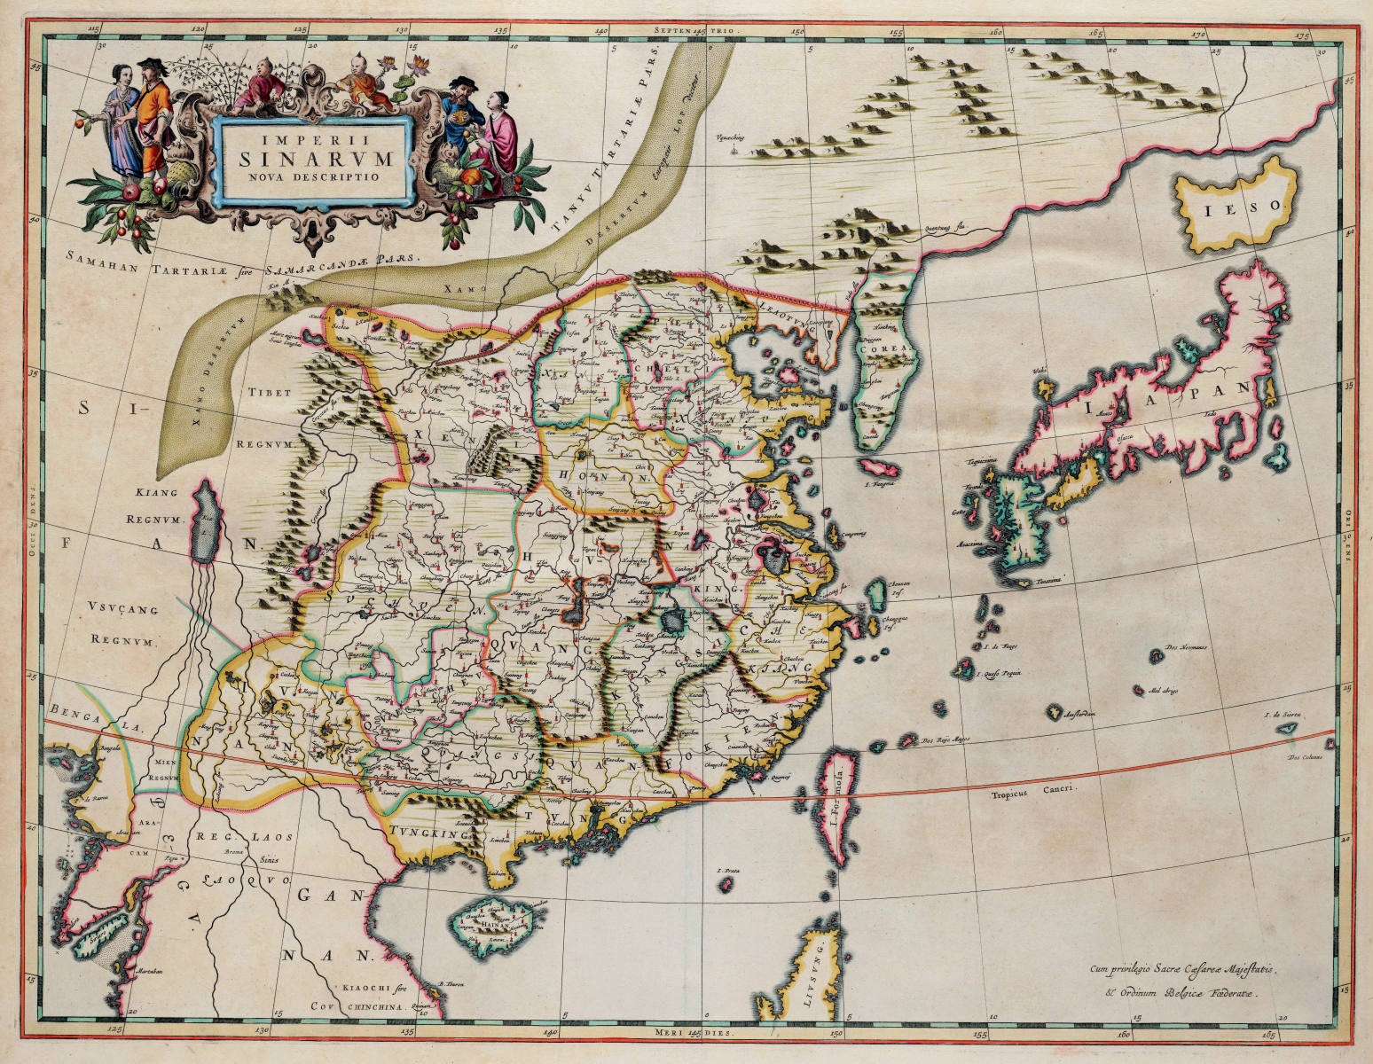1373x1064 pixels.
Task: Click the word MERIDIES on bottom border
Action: coord(683,1033)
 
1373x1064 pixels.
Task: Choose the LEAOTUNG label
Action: coord(790,326)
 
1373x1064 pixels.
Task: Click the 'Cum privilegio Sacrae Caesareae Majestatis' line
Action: coord(1183,969)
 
